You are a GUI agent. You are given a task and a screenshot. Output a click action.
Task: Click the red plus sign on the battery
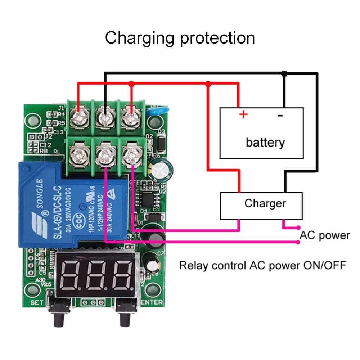[244, 115]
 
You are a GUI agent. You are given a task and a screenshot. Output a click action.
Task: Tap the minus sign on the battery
[280, 116]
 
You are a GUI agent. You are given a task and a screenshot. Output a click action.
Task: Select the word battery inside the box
[265, 142]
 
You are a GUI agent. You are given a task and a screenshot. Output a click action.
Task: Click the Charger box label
[265, 203]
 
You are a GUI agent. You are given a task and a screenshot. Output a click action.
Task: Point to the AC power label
[325, 235]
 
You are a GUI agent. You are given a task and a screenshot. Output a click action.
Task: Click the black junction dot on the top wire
[284, 73]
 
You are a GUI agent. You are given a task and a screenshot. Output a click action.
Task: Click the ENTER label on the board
[152, 302]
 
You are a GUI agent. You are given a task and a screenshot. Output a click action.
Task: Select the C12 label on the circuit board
[46, 145]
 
